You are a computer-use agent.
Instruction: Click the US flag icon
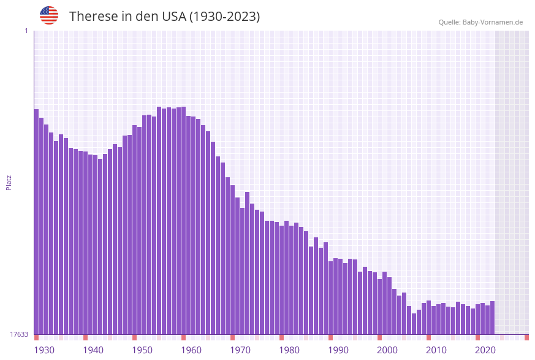click(49, 15)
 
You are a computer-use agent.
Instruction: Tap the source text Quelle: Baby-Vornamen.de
click(480, 22)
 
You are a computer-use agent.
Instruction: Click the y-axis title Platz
click(9, 182)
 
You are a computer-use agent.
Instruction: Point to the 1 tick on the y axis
click(26, 31)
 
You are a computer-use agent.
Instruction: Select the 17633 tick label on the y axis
click(19, 334)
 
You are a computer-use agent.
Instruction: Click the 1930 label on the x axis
click(44, 350)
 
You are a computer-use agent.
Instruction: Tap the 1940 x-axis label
click(93, 350)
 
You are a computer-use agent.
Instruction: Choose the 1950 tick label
click(142, 350)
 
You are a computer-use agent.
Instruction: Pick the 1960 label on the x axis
click(191, 350)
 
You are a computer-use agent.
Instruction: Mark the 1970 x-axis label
click(240, 350)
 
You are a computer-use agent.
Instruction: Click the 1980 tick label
click(289, 350)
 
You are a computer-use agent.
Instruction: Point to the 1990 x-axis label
click(338, 350)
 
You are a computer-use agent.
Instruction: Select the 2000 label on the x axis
click(387, 350)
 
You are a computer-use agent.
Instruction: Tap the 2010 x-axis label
click(436, 350)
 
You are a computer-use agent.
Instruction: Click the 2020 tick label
click(485, 350)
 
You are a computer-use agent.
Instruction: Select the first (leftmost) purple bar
click(36, 221)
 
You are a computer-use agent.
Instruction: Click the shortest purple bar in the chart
click(414, 324)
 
